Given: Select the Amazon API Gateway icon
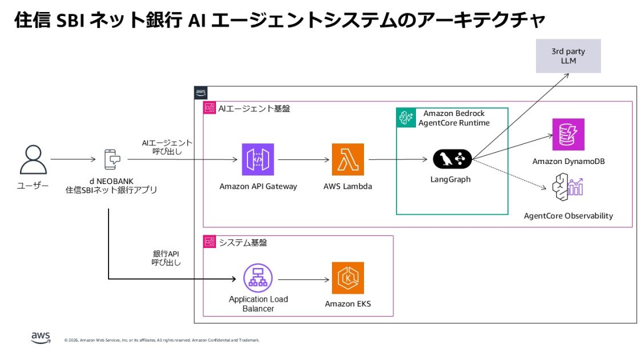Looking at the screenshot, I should pos(258,159).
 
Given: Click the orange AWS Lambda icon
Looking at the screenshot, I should pos(347,159).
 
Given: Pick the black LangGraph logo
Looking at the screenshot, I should pos(452,159).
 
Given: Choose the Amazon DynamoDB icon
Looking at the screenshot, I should pos(568,134).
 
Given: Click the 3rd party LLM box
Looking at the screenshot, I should pos(568,56).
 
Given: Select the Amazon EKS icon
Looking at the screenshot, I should pos(347,278).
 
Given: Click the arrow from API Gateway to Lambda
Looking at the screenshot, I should pos(303,159).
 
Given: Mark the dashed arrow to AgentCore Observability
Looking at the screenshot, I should pos(509,174).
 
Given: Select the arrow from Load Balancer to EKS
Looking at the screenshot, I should pos(303,279).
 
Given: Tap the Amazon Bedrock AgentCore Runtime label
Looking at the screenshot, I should pos(454,118).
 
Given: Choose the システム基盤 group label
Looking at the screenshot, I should pos(243,242).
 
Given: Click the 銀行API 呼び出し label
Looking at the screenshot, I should pos(166,258).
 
